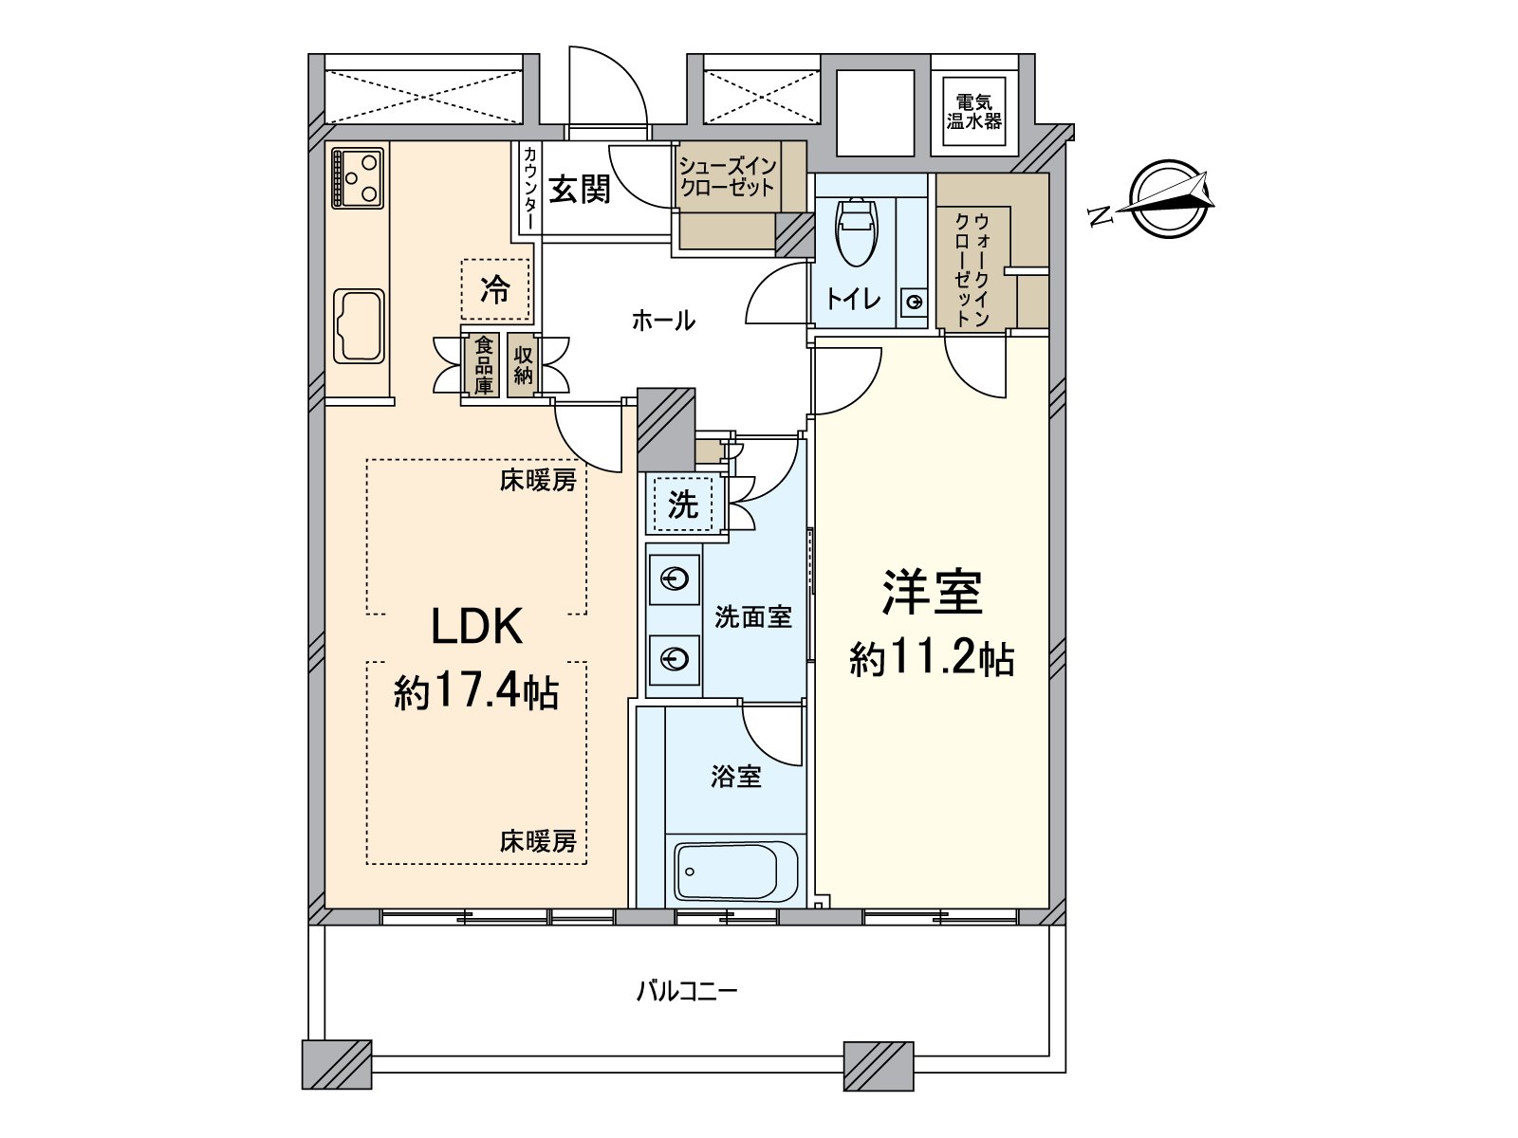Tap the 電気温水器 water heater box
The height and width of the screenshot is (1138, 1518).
[x=974, y=112]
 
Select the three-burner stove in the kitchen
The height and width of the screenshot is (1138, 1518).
[x=358, y=177]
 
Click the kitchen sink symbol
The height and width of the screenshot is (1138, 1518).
[x=360, y=325]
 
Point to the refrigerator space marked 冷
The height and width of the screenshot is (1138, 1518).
[x=494, y=289]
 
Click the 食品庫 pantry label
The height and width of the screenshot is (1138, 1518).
[x=484, y=365]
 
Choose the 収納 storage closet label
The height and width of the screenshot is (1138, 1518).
[x=523, y=365]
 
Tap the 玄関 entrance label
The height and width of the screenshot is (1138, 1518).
[x=580, y=190]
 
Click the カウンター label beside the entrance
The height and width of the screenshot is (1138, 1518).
[x=529, y=187]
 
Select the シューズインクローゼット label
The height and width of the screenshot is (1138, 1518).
[x=728, y=176]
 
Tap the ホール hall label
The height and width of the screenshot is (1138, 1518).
[x=663, y=321]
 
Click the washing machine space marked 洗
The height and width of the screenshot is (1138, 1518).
[x=682, y=505]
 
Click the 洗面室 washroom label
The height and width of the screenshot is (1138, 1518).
[x=752, y=617]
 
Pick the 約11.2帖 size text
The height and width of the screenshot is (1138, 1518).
[x=931, y=658]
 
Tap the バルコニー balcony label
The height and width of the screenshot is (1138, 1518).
[x=686, y=992]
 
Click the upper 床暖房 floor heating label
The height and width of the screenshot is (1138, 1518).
[x=538, y=481]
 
